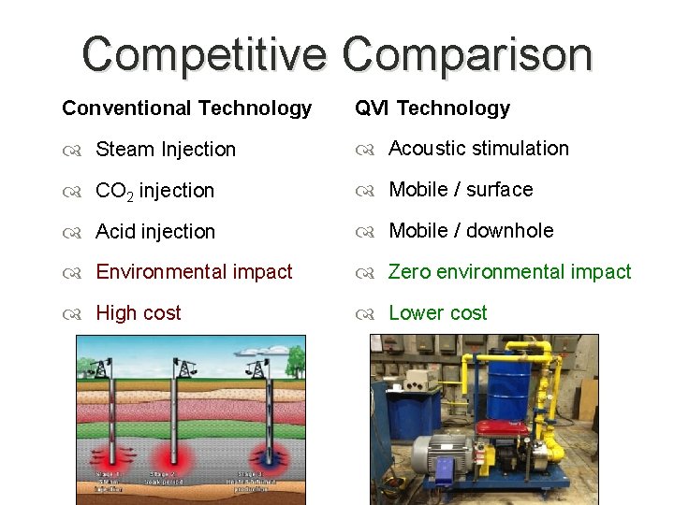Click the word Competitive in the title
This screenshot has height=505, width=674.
204,54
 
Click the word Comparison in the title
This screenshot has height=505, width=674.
467,54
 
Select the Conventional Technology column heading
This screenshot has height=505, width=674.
186,108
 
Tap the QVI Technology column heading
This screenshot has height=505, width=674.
432,108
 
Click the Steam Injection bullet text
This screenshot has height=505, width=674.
166,150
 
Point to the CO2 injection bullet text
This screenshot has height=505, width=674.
154,191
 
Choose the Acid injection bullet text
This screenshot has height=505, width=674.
155,231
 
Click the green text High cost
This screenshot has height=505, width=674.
139,313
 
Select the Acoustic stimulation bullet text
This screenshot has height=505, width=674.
478,149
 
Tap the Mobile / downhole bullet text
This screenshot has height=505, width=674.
471,231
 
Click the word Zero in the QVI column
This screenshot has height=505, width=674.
407,272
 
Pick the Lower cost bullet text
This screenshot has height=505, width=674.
437,313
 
